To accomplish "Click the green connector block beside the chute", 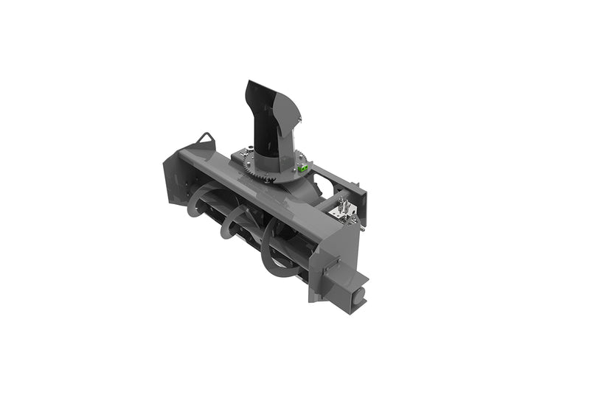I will pos(302,169).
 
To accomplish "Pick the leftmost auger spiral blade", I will pos(198,201).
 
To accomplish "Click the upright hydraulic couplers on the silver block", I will pos(343,203).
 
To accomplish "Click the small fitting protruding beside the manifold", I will pos(354,218).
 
